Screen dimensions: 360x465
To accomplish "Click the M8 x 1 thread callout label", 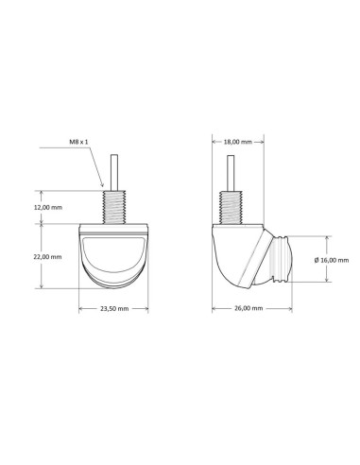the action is [78, 142].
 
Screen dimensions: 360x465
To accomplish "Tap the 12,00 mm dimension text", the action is [48, 207].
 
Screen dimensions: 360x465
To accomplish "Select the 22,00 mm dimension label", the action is [48, 257].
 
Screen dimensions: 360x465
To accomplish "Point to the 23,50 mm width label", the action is [114, 308].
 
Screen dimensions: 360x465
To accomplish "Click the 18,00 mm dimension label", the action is [238, 142].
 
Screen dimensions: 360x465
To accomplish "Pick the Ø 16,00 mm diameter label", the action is [332, 260].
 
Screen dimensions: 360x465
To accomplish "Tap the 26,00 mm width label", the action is [249, 308].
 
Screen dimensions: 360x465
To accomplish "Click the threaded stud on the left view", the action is [114, 207].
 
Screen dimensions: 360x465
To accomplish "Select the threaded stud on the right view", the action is [231, 207].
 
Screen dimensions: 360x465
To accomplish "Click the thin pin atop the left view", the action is [114, 172].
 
